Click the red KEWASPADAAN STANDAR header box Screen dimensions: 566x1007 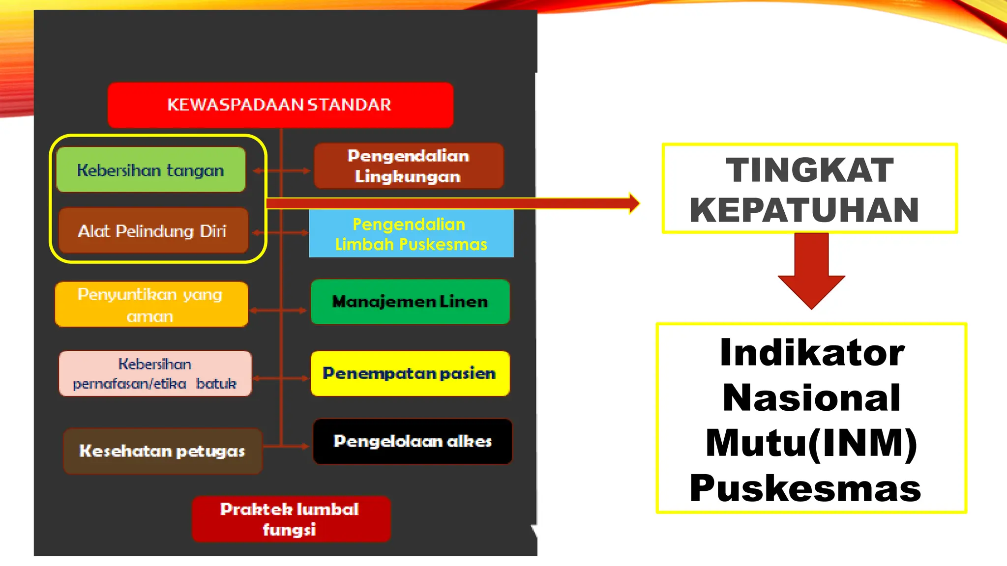tap(280, 105)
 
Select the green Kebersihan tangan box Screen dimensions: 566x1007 tap(151, 170)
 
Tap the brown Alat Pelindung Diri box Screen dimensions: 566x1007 tap(153, 230)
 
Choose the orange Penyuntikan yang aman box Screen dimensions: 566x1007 tap(151, 305)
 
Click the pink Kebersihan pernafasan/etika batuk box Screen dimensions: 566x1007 tap(155, 373)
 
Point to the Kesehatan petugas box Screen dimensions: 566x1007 tap(162, 451)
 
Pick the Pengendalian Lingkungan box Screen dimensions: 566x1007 tap(409, 166)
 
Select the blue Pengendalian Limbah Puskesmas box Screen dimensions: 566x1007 tap(411, 234)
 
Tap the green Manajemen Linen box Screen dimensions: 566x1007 tap(410, 302)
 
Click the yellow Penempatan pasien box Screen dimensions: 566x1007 tap(410, 373)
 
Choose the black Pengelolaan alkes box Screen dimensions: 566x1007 tap(413, 441)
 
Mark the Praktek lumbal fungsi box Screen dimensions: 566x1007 tap(291, 519)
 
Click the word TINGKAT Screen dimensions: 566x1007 tap(809, 170)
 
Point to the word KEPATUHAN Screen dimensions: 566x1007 tap(804, 210)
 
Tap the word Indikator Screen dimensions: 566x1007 tap(812, 352)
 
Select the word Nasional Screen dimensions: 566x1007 tap(811, 397)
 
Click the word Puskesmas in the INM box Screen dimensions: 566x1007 tap(805, 488)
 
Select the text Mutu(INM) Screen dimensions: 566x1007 tap(811, 443)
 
